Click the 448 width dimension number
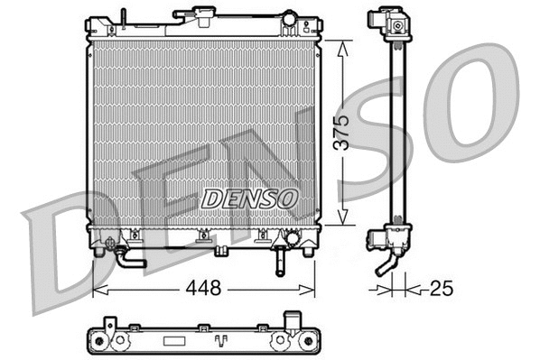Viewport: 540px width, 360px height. tap(204, 289)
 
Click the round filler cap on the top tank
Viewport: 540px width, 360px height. tap(289, 18)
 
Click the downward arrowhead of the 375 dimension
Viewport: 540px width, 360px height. tap(341, 218)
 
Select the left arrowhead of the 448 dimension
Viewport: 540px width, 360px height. tap(98, 290)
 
